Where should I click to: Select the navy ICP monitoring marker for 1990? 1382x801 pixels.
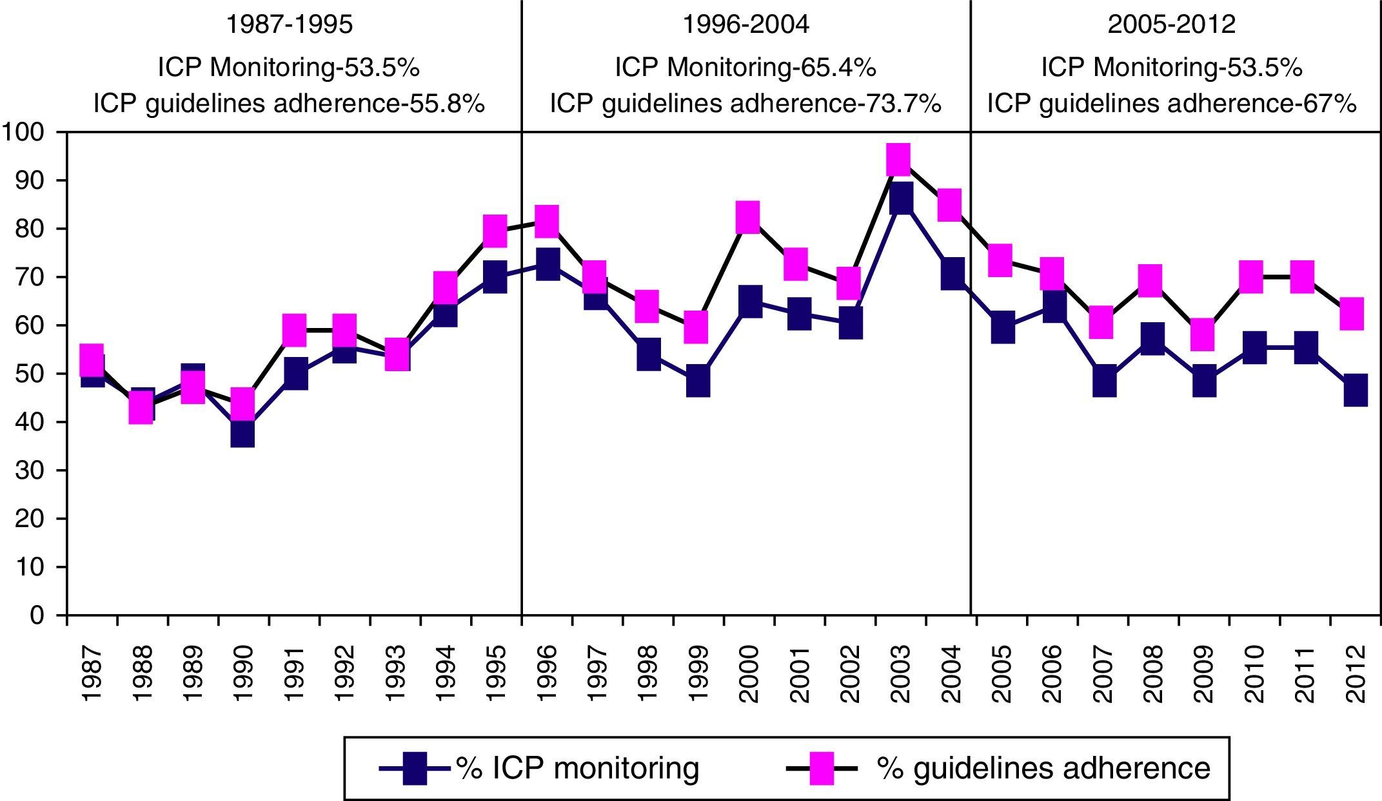tap(242, 432)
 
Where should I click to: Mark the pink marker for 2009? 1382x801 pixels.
tap(1203, 334)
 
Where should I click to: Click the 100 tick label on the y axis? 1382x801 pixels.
tap(23, 133)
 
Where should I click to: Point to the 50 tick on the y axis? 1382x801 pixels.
tap(30, 374)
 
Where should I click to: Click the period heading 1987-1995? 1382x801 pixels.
tap(290, 24)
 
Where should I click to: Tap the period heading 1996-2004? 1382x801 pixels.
tap(745, 24)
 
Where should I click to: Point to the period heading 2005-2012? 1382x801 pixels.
tap(1172, 24)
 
